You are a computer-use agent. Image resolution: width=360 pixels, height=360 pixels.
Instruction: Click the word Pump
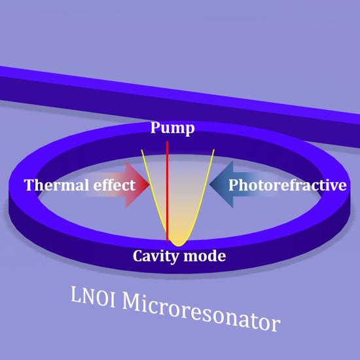pyautogui.click(x=172, y=128)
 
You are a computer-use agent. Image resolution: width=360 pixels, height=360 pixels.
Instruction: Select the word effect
pyautogui.click(x=115, y=185)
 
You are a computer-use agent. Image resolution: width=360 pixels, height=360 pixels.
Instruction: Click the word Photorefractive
pyautogui.click(x=287, y=185)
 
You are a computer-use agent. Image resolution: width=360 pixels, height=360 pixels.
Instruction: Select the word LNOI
pyautogui.click(x=93, y=297)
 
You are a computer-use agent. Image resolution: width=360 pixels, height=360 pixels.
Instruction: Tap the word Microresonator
pyautogui.click(x=201, y=313)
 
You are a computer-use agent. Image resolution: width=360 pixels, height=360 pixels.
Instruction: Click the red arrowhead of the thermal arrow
pyautogui.click(x=137, y=184)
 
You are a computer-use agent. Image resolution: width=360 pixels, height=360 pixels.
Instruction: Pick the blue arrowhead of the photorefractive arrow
pyautogui.click(x=221, y=184)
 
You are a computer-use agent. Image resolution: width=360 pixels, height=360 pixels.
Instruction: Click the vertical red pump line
pyautogui.click(x=167, y=191)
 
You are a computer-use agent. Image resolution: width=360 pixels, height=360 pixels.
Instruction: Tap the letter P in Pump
pyautogui.click(x=155, y=127)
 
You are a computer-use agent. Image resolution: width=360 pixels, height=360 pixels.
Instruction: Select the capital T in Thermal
pyautogui.click(x=30, y=185)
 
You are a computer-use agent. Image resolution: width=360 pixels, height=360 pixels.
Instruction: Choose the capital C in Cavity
pyautogui.click(x=138, y=256)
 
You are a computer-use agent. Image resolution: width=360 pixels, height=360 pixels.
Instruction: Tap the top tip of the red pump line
pyautogui.click(x=167, y=141)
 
